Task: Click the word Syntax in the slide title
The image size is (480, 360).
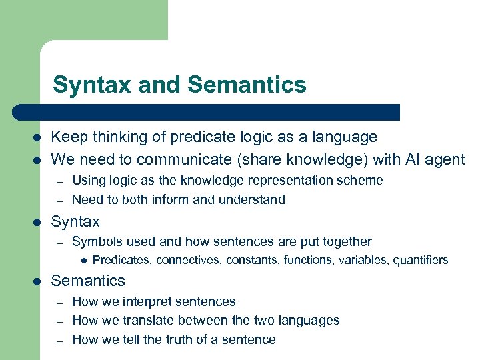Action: [85, 85]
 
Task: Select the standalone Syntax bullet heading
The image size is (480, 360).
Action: [75, 221]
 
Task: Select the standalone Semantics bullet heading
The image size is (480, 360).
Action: [88, 281]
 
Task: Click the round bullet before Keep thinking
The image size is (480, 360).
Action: [37, 137]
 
